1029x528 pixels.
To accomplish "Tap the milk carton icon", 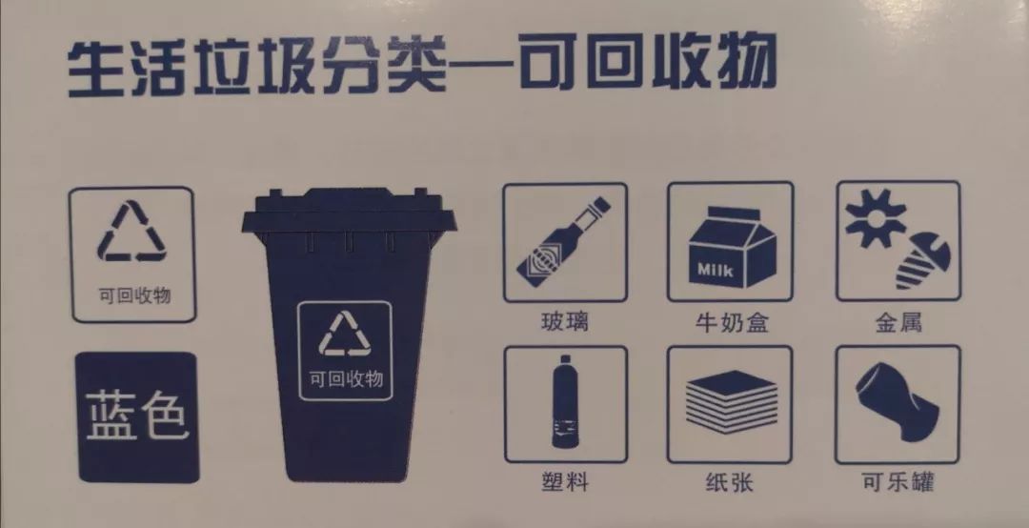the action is click(x=731, y=248).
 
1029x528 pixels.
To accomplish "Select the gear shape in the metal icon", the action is click(x=876, y=217).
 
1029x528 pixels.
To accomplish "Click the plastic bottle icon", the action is click(x=564, y=402).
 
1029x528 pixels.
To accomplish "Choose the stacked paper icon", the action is click(x=732, y=400).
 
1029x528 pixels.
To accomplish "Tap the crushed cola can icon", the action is click(x=898, y=402).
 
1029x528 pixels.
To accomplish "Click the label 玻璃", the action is click(x=564, y=322).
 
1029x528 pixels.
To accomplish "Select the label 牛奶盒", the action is click(x=732, y=322).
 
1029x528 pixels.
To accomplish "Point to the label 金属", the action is click(x=898, y=322).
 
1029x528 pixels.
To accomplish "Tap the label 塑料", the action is click(x=565, y=482).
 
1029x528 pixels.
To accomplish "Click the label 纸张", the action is click(x=730, y=482).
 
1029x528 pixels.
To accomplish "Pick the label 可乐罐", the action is click(x=898, y=482).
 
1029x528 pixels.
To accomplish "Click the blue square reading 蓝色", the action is click(x=138, y=417).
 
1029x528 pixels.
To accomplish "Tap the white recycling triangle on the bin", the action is click(x=345, y=335).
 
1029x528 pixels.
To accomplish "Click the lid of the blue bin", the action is click(x=349, y=212).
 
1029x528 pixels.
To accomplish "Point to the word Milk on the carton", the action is click(x=716, y=270).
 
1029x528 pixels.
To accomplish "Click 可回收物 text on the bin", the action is click(x=346, y=379).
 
